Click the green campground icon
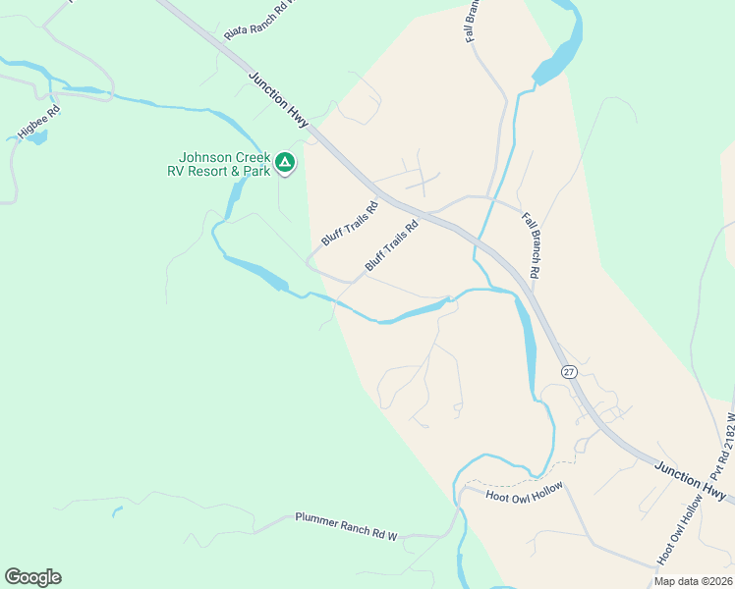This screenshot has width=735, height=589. coord(285,162)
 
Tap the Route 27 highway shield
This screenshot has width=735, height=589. coord(569,371)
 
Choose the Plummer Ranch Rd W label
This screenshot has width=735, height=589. coord(346,525)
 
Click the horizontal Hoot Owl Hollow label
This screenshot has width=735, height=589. coord(525,495)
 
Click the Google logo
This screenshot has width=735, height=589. coord(32,577)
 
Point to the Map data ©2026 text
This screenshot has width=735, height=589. coord(692,581)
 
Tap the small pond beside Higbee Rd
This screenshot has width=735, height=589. coord(36,137)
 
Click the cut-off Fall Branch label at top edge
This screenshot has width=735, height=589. coord(472,21)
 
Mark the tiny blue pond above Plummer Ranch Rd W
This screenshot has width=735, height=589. coord(117,510)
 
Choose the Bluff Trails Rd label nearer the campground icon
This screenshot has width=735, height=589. coord(349,224)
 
